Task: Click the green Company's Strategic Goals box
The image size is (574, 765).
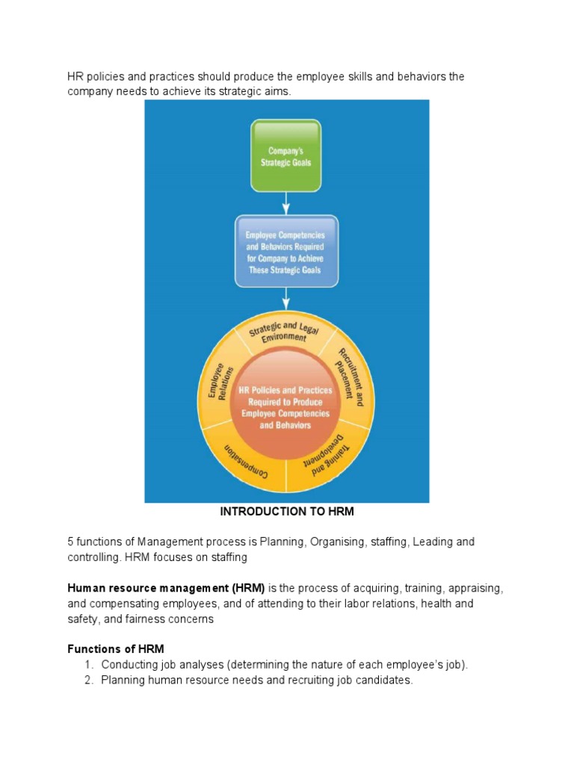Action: tap(286, 156)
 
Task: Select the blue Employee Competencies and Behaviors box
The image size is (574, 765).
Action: tap(286, 251)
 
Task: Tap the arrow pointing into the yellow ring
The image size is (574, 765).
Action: tap(286, 300)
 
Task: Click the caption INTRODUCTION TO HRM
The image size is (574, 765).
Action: tap(286, 512)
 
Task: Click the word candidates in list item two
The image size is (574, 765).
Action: tap(385, 681)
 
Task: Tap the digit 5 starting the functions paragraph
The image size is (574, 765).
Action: tap(70, 542)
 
